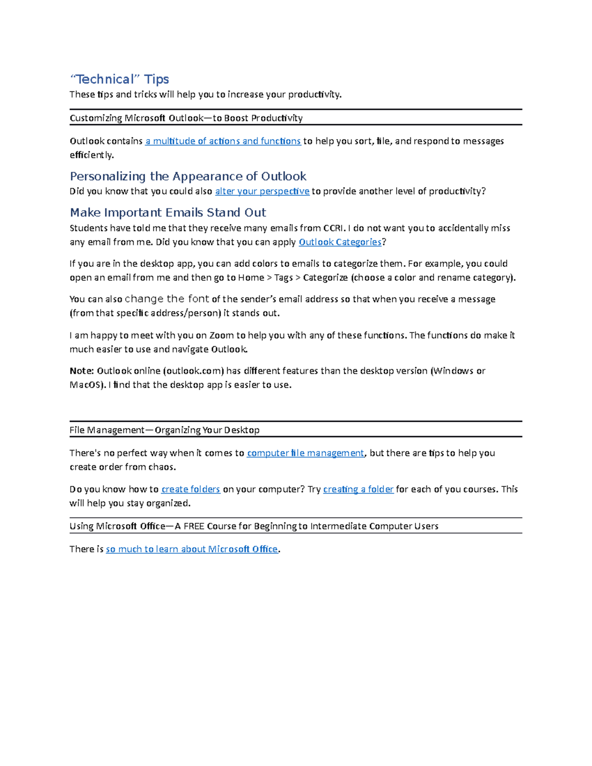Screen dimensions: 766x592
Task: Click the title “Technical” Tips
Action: coord(119,79)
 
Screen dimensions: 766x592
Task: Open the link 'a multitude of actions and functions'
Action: coord(223,141)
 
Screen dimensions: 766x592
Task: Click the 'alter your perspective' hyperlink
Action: coord(262,191)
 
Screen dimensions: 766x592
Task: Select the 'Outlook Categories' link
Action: coord(340,242)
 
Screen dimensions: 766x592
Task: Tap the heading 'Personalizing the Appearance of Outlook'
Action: coord(188,177)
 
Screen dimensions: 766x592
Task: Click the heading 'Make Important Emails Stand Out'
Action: coord(168,213)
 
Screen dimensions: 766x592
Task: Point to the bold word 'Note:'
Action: coord(81,371)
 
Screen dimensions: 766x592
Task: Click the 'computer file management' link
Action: coord(305,453)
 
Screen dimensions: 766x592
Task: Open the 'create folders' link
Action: coord(190,489)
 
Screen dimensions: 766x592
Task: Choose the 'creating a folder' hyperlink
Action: coord(358,489)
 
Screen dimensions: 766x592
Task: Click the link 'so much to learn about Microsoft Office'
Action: coord(192,549)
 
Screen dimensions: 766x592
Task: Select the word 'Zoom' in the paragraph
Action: coord(222,335)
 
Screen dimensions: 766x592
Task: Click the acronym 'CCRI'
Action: coord(333,228)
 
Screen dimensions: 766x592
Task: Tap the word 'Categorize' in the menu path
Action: coord(325,278)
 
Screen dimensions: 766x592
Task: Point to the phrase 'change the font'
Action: coord(167,299)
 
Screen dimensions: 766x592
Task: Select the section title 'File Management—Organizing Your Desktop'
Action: coord(164,430)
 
